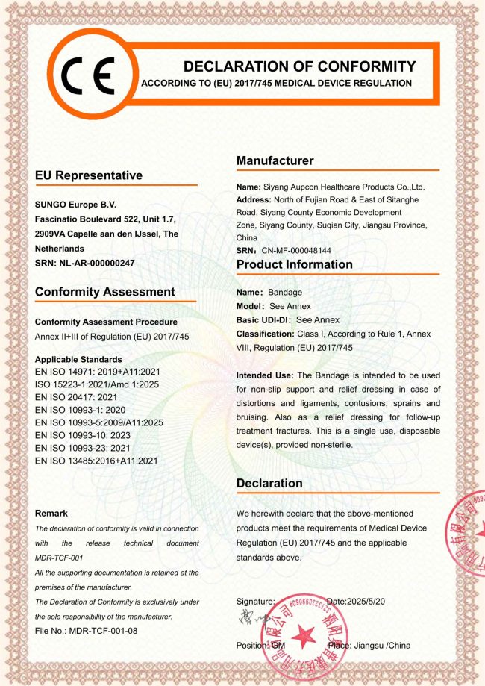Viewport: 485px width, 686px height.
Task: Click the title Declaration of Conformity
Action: click(299, 66)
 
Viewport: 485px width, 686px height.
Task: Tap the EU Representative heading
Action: click(88, 175)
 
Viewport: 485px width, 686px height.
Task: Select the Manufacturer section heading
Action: click(275, 160)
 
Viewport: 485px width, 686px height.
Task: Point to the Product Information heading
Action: click(294, 264)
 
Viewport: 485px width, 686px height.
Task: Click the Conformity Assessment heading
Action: click(104, 292)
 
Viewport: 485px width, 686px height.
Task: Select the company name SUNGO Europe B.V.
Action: click(75, 204)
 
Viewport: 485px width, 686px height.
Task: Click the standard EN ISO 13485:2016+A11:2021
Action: click(96, 461)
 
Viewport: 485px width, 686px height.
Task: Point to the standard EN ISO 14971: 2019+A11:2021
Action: click(96, 371)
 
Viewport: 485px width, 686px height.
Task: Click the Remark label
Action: click(51, 513)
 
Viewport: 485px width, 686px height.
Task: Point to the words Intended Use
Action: click(264, 375)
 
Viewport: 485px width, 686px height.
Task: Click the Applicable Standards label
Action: click(78, 359)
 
